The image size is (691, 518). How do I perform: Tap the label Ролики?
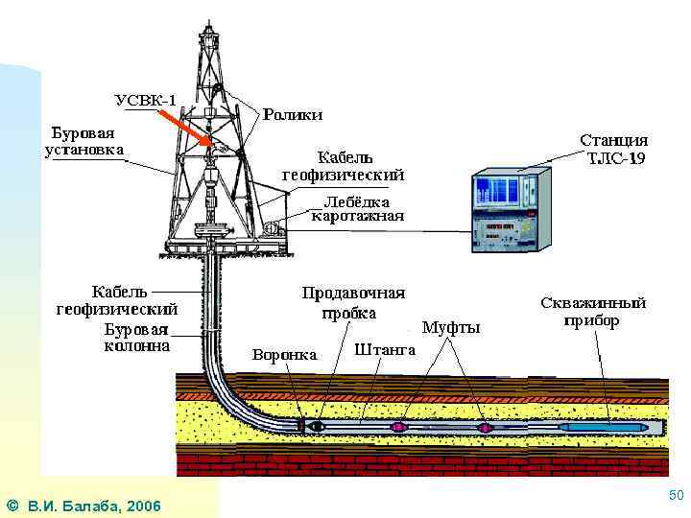(x=293, y=114)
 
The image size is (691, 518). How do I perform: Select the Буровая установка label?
(x=83, y=140)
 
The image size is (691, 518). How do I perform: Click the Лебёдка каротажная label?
(x=357, y=209)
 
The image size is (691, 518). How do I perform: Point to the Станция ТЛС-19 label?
(x=613, y=149)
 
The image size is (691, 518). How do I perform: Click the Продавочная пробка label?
(x=353, y=302)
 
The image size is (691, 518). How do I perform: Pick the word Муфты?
(x=451, y=327)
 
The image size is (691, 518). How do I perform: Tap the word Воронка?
(x=284, y=355)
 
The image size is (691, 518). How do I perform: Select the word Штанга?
(x=385, y=350)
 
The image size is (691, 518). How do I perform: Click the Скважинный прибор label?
(x=593, y=311)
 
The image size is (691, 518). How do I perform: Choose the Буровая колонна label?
(x=137, y=337)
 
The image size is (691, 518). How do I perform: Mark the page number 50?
(x=675, y=495)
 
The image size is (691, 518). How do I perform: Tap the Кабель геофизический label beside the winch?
(x=343, y=165)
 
